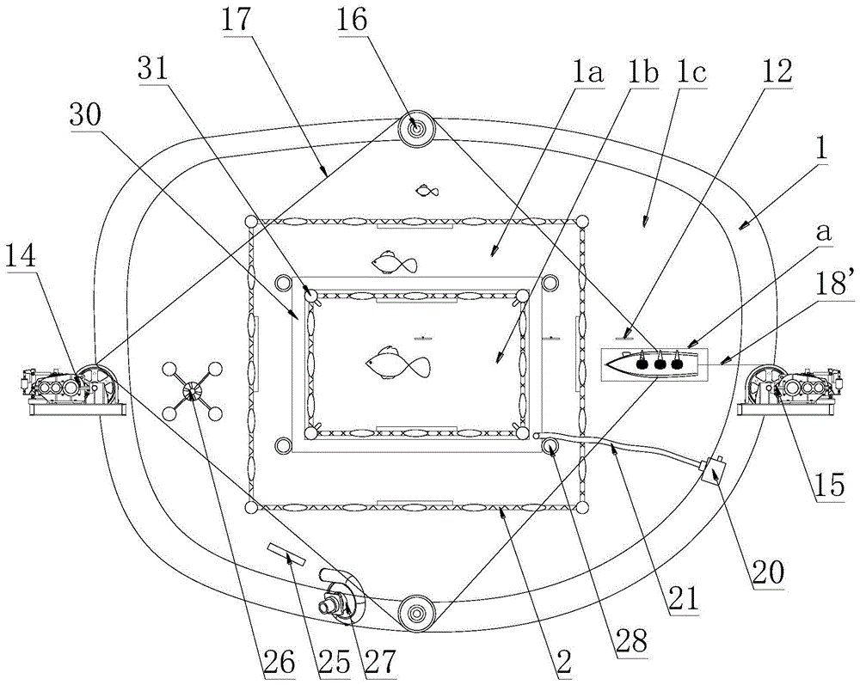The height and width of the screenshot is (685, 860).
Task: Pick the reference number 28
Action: click(x=631, y=638)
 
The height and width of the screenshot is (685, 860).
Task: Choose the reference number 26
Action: click(x=276, y=664)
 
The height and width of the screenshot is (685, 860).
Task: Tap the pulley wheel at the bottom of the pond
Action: click(x=415, y=611)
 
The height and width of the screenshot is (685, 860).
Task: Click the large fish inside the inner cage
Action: click(x=398, y=363)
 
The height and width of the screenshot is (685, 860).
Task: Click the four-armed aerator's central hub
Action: click(x=192, y=391)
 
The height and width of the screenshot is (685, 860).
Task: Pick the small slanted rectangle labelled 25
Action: click(x=286, y=554)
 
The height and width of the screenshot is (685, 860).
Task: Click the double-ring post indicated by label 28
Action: click(x=550, y=446)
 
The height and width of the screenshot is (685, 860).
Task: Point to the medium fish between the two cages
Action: click(x=394, y=263)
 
